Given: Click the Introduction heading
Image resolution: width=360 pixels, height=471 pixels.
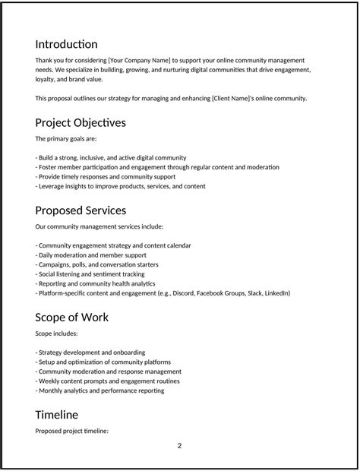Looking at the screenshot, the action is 66,44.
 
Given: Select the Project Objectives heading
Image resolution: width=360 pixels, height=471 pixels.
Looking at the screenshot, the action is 81,122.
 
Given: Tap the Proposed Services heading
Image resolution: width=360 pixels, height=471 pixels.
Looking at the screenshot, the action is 81,210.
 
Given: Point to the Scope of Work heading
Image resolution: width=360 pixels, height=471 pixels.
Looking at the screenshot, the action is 71,317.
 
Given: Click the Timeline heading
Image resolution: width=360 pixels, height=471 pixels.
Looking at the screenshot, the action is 56,415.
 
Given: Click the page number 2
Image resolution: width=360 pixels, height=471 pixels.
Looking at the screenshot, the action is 180,446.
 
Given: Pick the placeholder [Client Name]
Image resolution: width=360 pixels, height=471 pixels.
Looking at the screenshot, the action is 203,99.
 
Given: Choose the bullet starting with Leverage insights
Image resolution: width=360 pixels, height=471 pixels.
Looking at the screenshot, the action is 120,186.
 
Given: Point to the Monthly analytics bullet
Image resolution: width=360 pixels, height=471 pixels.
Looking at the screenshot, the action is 99,391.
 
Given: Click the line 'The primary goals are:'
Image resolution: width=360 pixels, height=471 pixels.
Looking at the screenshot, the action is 66,139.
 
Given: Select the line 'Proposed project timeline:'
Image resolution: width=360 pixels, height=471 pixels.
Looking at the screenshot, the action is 72,431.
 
